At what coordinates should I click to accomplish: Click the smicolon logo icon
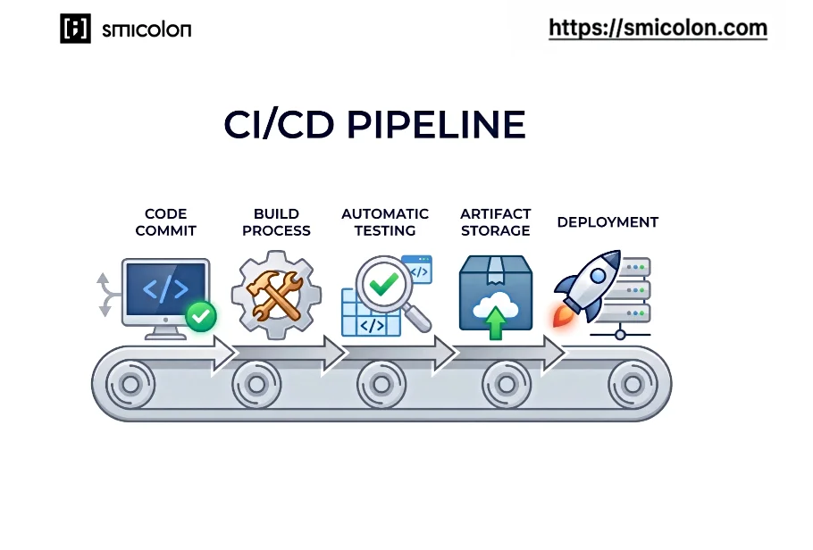coord(75,29)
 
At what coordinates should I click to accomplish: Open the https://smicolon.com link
coord(658,29)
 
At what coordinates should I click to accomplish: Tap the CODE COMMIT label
coord(165,222)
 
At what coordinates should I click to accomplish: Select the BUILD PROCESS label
coord(276,222)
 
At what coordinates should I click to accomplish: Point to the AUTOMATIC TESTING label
coord(385,222)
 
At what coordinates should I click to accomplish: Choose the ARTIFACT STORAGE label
coord(495,222)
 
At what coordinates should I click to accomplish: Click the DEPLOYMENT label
coord(608,222)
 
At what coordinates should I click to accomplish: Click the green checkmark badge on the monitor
coord(201,315)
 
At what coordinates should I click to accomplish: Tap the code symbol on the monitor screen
coord(165,289)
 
